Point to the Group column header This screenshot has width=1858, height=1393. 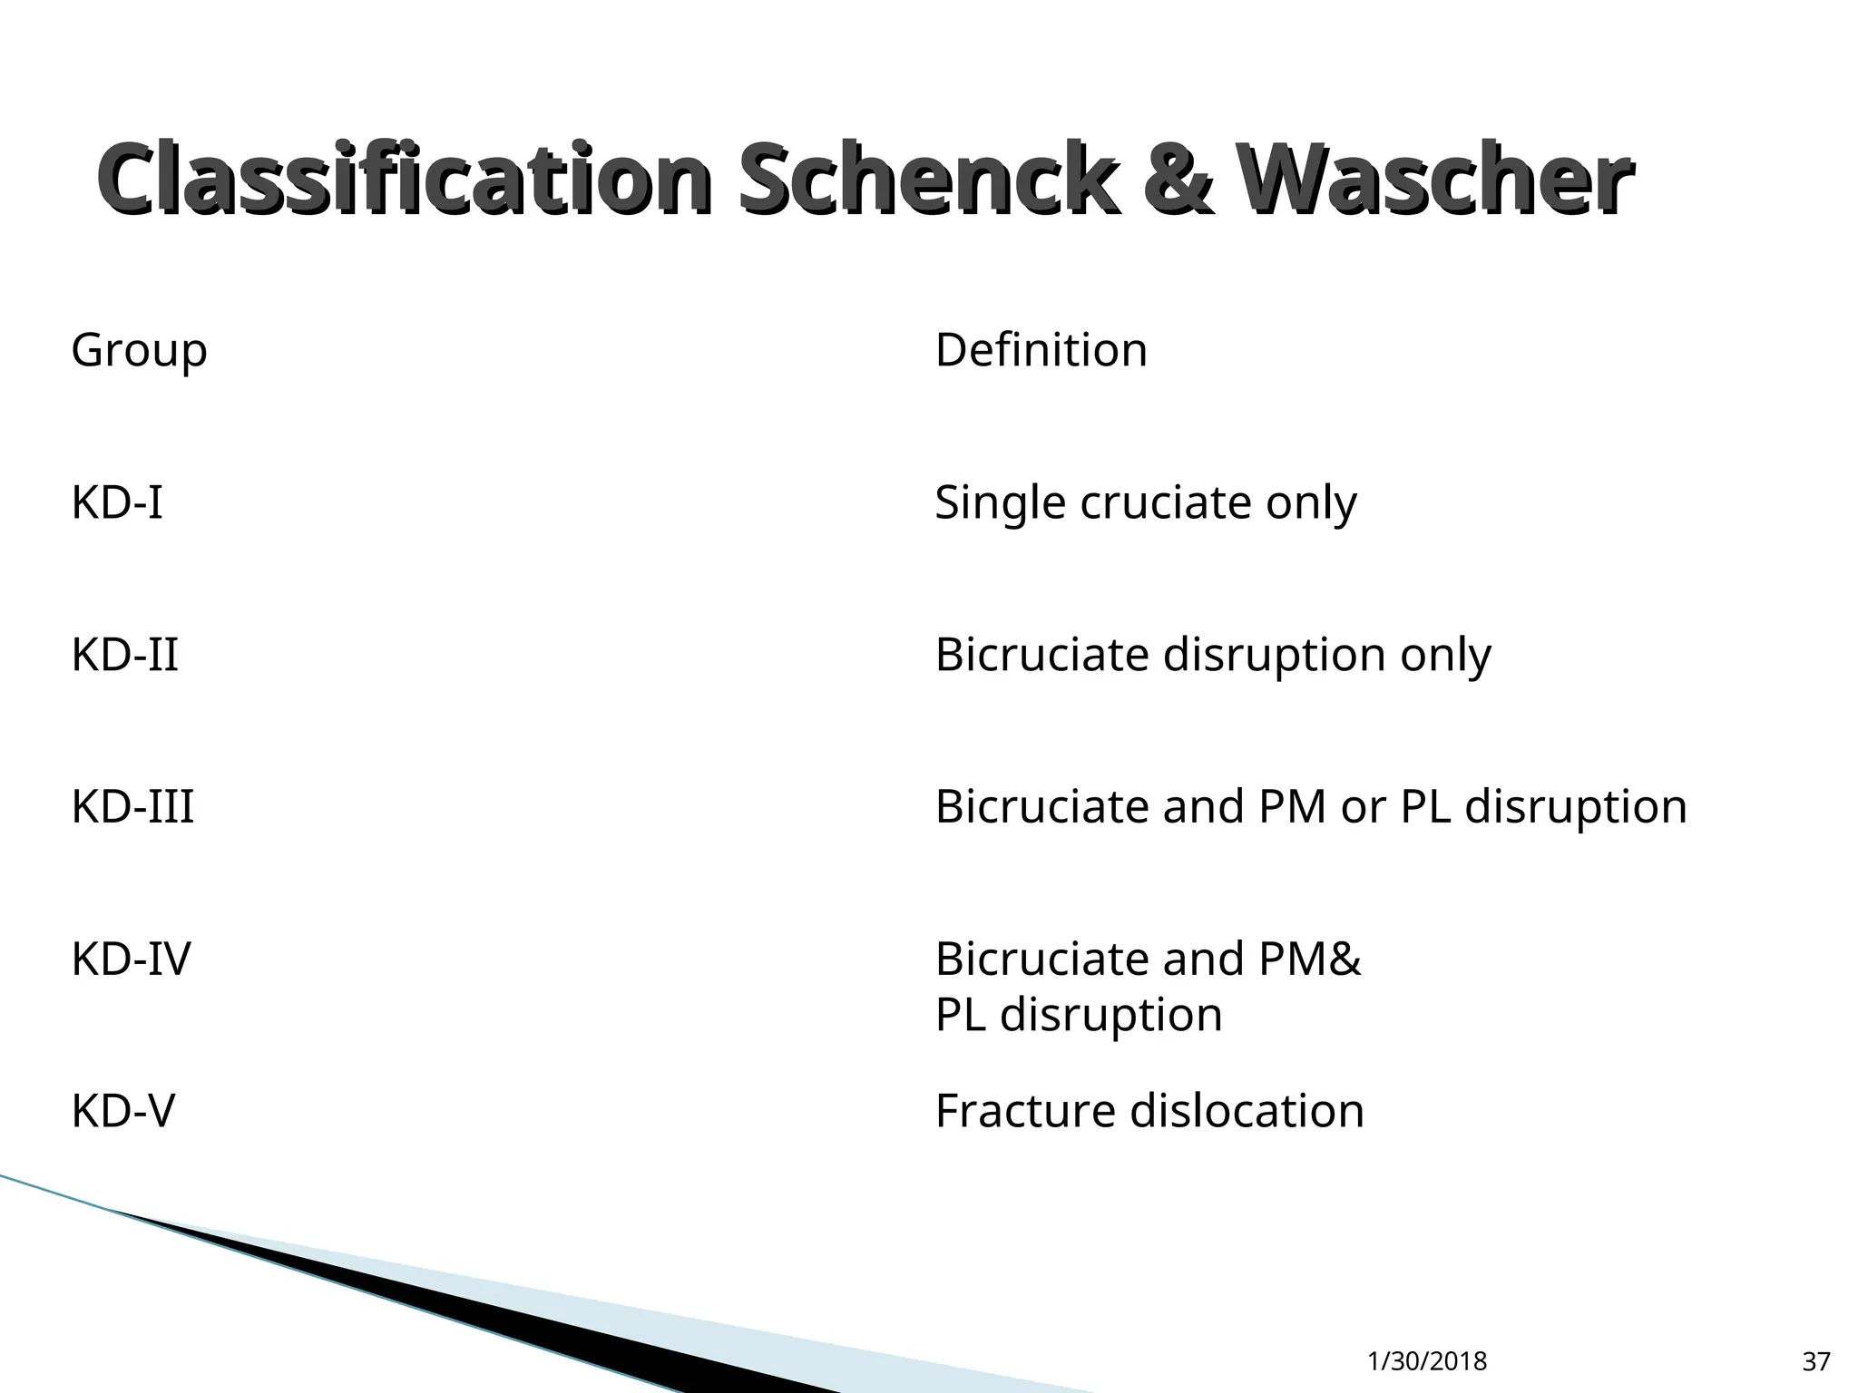coord(139,351)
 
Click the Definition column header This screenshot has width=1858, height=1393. coord(1041,351)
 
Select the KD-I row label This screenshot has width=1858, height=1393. coord(117,502)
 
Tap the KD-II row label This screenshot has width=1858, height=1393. coord(124,655)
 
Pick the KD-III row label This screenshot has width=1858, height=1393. coord(132,807)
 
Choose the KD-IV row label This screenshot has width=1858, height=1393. coord(131,960)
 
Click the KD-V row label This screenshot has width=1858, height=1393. coord(122,1111)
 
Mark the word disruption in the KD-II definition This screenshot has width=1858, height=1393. coord(1274,655)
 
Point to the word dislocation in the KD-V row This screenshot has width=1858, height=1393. coord(1247,1111)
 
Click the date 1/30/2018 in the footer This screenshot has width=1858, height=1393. coord(1427,1361)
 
